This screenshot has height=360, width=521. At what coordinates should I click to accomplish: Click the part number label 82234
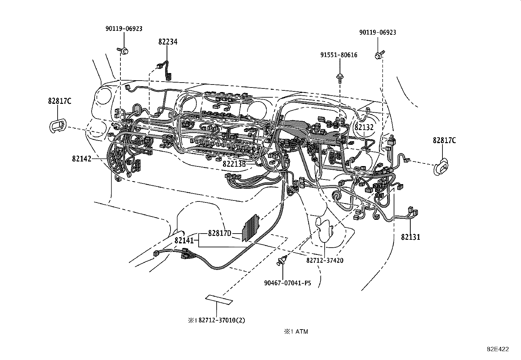[x=168, y=42]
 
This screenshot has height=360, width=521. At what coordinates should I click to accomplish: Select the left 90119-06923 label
[x=124, y=28]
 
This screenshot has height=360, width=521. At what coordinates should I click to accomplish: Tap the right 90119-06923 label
[x=377, y=32]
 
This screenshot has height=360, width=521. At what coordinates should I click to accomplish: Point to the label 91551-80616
[x=339, y=55]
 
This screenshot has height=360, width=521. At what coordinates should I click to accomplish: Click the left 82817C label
[x=60, y=101]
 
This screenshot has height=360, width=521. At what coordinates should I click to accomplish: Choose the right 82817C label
[x=444, y=140]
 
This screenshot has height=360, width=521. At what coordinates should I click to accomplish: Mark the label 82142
[x=81, y=159]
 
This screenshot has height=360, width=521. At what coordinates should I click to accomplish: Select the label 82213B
[x=234, y=163]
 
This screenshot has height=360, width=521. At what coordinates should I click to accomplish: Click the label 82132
[x=364, y=127]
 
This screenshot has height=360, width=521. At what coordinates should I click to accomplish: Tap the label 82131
[x=410, y=237]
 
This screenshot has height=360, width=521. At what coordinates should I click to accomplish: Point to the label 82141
[x=184, y=240]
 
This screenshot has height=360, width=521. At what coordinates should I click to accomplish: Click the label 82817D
[x=220, y=233]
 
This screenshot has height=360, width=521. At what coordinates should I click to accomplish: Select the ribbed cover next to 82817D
[x=251, y=228]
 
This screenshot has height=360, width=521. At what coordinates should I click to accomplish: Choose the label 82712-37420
[x=325, y=260]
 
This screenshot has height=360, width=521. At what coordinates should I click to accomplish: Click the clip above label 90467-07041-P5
[x=282, y=261]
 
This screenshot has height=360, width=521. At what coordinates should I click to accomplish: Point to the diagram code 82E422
[x=497, y=349]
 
